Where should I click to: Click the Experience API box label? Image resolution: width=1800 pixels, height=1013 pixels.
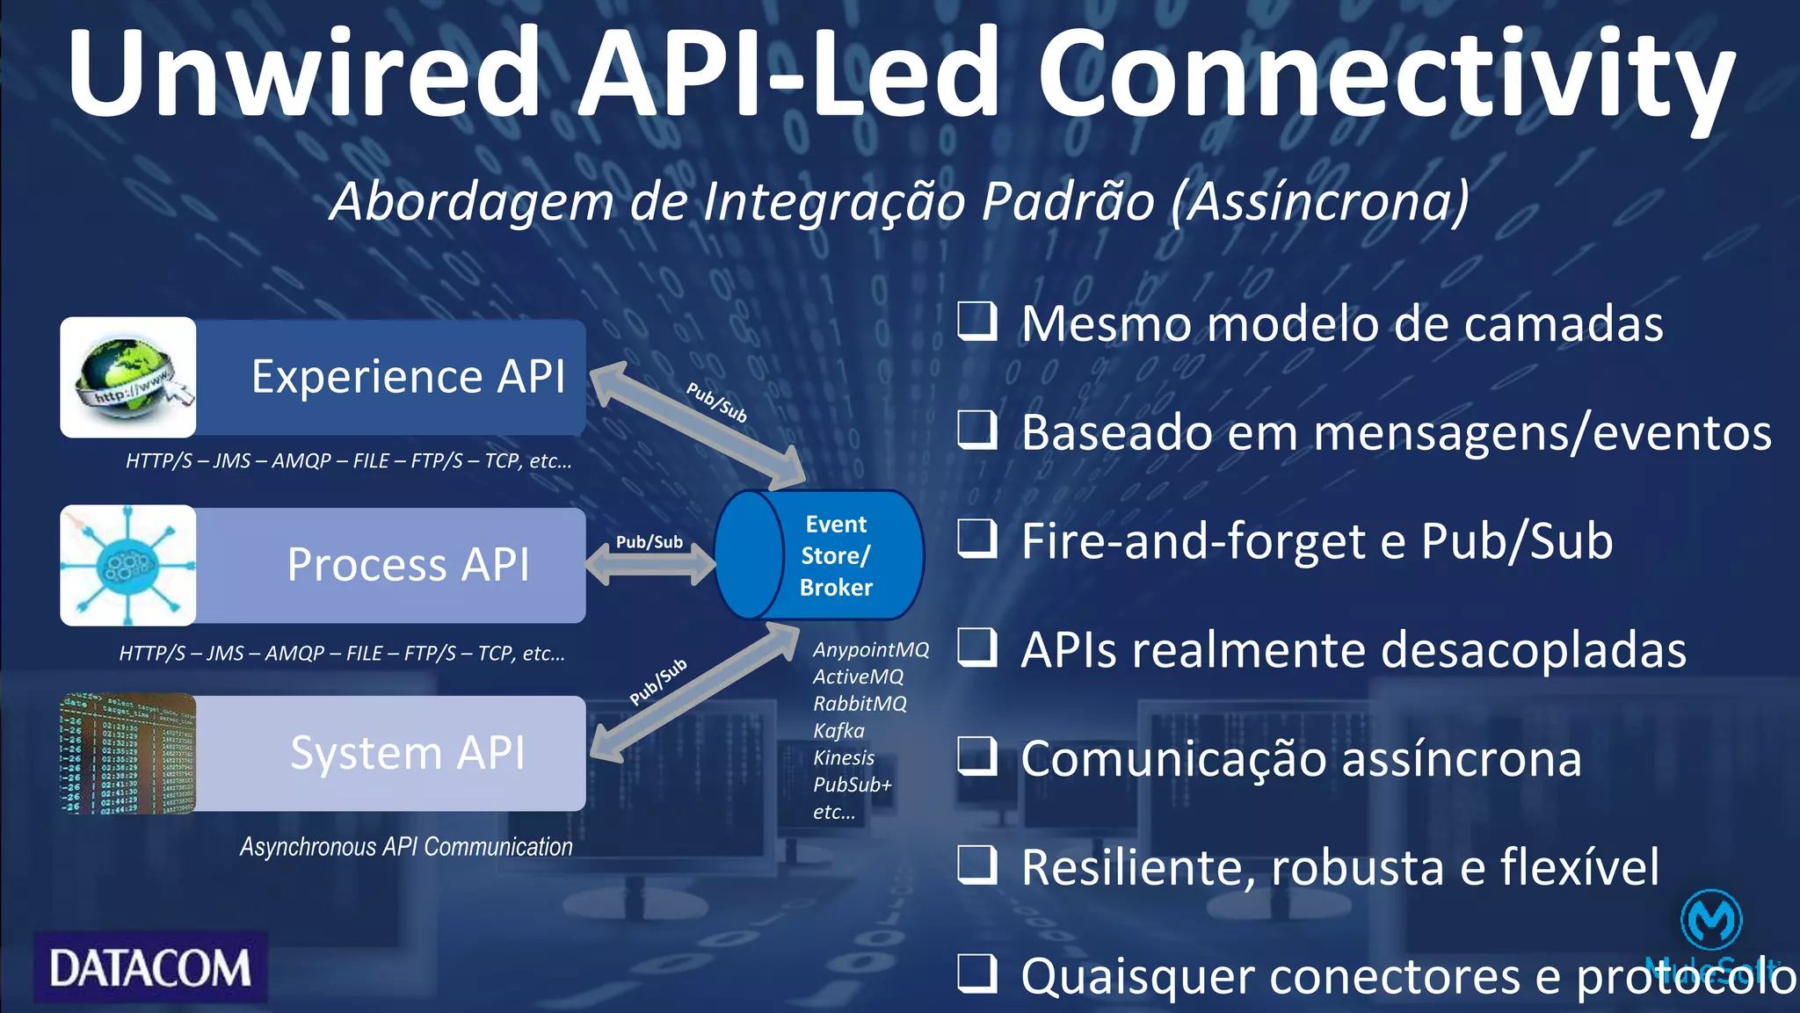coord(408,377)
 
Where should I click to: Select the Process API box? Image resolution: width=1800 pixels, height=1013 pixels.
coord(408,565)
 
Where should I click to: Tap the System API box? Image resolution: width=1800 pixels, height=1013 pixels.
coord(408,753)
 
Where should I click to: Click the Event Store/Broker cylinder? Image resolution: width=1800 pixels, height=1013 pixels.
coord(819,555)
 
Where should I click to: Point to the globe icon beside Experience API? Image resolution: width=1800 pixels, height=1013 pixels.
coord(128,378)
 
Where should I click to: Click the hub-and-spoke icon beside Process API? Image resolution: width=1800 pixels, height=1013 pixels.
coord(128,565)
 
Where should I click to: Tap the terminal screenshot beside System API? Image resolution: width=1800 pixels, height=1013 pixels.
coord(128,754)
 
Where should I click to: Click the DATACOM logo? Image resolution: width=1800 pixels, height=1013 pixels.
coord(150,968)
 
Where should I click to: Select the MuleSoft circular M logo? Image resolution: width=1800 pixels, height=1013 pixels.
coord(1710,920)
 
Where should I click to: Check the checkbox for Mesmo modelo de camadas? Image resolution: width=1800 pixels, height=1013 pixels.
coord(976,322)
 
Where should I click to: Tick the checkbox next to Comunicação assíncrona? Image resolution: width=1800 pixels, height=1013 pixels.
coord(976,756)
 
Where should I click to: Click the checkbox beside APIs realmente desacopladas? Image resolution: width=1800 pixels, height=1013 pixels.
coord(976,648)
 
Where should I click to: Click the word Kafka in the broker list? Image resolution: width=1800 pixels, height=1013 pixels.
coord(838,731)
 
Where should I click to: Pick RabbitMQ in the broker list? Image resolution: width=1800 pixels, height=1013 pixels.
coord(860,704)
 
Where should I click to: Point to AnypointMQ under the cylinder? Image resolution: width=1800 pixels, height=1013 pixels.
coord(870,649)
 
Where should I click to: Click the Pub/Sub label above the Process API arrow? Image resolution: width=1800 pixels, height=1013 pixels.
coord(649,542)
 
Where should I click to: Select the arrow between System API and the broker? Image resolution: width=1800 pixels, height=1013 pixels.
coord(694,691)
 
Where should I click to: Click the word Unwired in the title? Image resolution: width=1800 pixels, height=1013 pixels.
coord(303,74)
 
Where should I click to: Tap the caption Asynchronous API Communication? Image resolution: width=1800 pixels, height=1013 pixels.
coord(406,847)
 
